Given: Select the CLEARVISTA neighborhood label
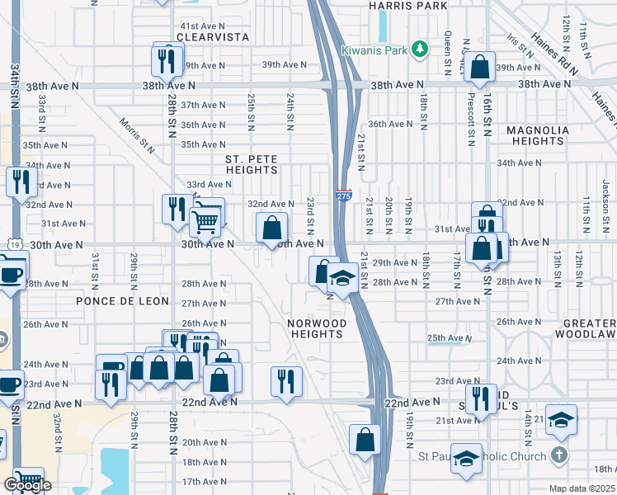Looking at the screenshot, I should click(x=207, y=37).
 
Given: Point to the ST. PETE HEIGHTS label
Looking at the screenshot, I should click(x=252, y=164).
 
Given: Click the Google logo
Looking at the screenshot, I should click(x=27, y=485).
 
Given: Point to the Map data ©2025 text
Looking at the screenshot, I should click(x=582, y=488).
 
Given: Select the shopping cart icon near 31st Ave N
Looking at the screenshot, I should click(x=205, y=219).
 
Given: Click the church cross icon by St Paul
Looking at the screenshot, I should click(x=558, y=456).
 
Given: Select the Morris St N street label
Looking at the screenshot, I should click(x=137, y=134).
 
